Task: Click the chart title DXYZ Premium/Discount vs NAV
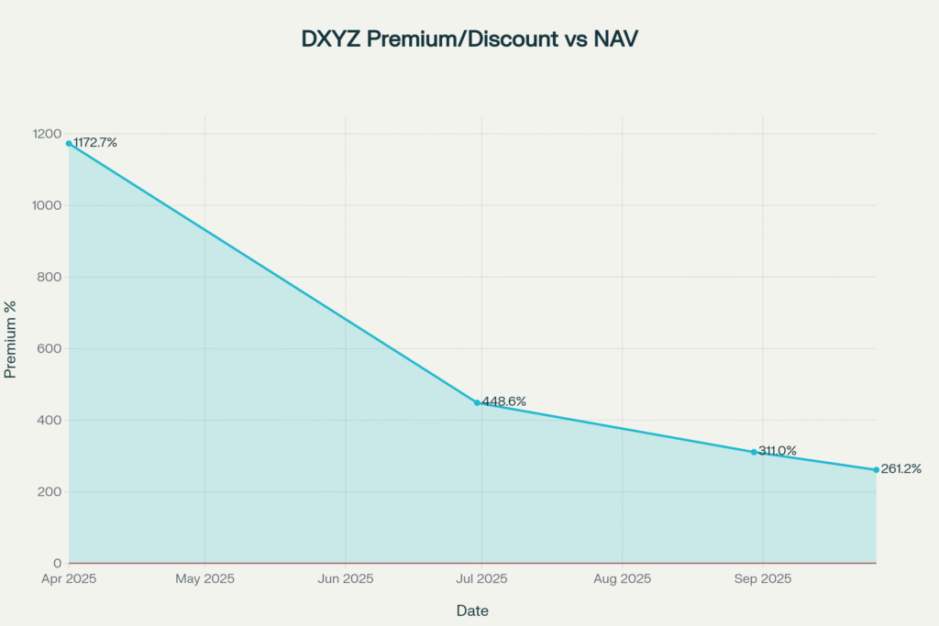click(x=469, y=39)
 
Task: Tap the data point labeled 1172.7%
click(x=69, y=143)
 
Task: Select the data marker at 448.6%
click(x=477, y=402)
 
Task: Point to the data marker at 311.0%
click(x=754, y=452)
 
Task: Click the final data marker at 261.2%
click(x=876, y=470)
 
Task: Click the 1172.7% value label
click(x=95, y=143)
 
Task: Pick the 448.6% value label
click(x=504, y=401)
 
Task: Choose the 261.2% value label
click(x=901, y=469)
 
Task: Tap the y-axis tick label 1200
click(x=46, y=134)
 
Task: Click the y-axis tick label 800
click(x=50, y=277)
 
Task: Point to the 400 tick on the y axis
click(x=50, y=420)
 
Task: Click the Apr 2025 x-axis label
click(x=69, y=579)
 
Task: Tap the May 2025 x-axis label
click(x=204, y=579)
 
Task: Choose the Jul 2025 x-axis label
click(x=482, y=579)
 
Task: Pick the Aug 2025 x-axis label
click(x=622, y=579)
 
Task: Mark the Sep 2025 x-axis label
click(x=763, y=579)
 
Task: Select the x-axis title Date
click(x=472, y=610)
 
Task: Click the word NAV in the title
click(x=617, y=39)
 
